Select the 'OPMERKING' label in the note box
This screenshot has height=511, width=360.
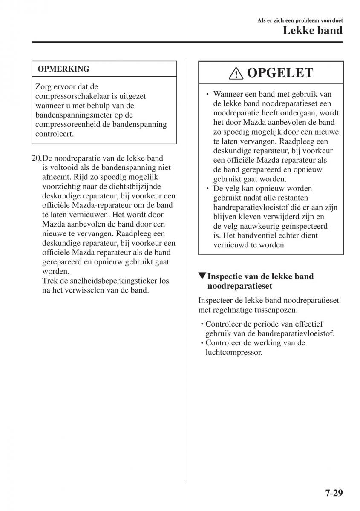pyautogui.click(x=63, y=69)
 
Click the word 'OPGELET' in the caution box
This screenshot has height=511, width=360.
pyautogui.click(x=279, y=73)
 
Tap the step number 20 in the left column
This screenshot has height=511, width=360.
pyautogui.click(x=36, y=158)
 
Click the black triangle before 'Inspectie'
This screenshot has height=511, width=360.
pyautogui.click(x=202, y=276)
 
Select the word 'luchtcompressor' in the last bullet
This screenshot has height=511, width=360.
pyautogui.click(x=233, y=352)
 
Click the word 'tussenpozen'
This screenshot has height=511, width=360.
pyautogui.click(x=277, y=310)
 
